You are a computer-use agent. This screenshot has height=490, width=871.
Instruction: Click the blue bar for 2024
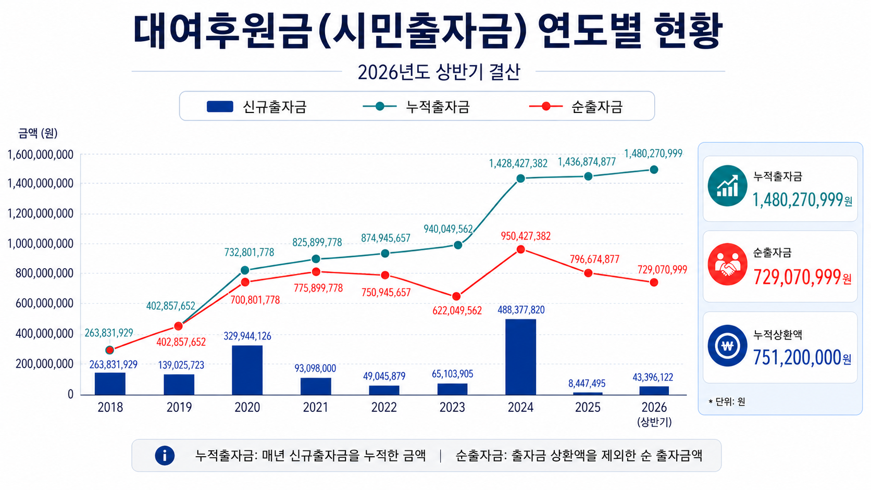pyautogui.click(x=520, y=357)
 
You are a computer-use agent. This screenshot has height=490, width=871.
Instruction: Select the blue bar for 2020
pyautogui.click(x=247, y=370)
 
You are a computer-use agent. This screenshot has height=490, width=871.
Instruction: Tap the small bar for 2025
pyautogui.click(x=588, y=394)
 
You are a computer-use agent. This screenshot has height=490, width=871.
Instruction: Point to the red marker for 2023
pyautogui.click(x=456, y=296)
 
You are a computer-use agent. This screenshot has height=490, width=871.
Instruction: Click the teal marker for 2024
pyautogui.click(x=520, y=179)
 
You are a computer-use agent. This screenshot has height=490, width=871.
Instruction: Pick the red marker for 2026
pyautogui.click(x=654, y=283)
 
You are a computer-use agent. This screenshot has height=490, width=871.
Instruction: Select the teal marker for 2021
pyautogui.click(x=316, y=259)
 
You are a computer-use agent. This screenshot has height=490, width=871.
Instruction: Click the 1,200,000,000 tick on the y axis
pyautogui.click(x=41, y=213)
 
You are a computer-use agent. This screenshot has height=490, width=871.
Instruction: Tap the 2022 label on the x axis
pyautogui.click(x=384, y=407)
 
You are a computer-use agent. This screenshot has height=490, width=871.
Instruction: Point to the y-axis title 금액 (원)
pyautogui.click(x=38, y=133)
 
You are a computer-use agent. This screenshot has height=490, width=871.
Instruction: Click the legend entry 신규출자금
pyautogui.click(x=257, y=106)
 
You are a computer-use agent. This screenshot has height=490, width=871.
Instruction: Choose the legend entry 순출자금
pyautogui.click(x=576, y=106)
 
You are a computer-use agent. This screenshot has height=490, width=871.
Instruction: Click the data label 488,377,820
pyautogui.click(x=521, y=310)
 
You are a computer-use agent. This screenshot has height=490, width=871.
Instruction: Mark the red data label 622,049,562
pyautogui.click(x=457, y=310)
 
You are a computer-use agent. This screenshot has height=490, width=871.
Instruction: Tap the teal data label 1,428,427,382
pyautogui.click(x=518, y=164)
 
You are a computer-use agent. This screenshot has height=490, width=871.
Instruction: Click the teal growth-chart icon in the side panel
pyautogui.click(x=727, y=186)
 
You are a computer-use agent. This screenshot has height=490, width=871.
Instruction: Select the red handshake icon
pyautogui.click(x=727, y=264)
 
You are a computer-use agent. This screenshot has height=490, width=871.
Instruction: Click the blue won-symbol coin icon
pyautogui.click(x=727, y=345)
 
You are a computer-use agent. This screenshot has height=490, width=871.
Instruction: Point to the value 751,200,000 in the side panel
pyautogui.click(x=797, y=358)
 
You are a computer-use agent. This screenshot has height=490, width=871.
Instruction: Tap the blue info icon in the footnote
pyautogui.click(x=165, y=456)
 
